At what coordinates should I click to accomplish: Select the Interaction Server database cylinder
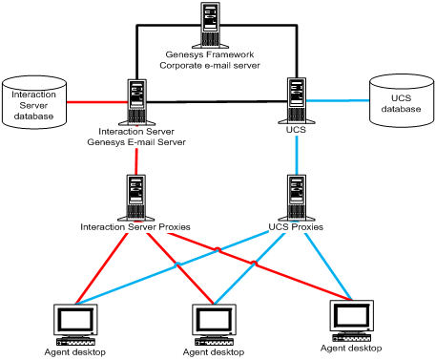[x=32, y=104]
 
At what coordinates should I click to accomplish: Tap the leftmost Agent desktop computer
[x=73, y=325]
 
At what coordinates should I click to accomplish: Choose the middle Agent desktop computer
[x=212, y=325]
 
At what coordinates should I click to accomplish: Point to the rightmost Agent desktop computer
[x=349, y=320]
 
